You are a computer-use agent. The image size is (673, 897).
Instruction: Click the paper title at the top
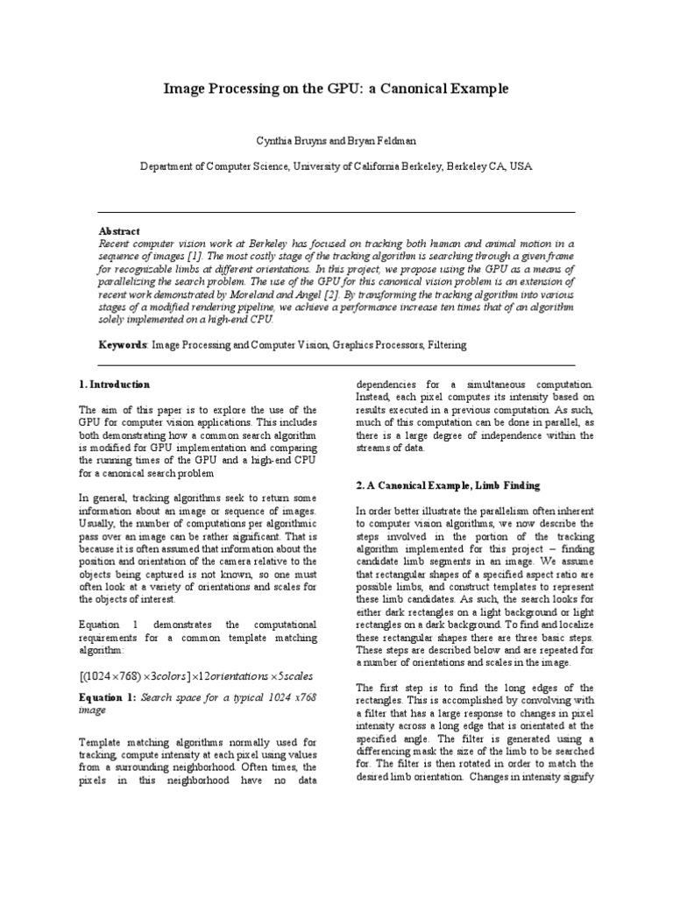(336, 89)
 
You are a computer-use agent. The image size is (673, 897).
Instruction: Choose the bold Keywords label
(122, 345)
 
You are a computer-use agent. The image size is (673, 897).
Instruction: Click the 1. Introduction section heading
(114, 385)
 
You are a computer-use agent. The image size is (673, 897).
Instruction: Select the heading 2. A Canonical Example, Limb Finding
(447, 484)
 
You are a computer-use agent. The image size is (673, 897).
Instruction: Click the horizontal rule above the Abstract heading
(336, 213)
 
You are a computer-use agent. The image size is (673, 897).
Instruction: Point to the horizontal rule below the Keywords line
(336, 364)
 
